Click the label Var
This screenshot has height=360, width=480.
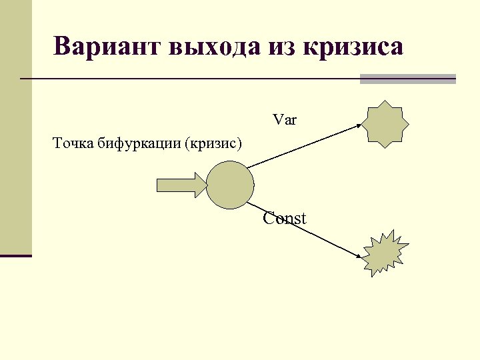285,120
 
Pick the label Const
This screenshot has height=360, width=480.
285,218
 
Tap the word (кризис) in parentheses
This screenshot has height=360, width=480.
215,143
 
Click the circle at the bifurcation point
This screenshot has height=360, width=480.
230,185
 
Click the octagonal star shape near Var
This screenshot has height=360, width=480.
385,123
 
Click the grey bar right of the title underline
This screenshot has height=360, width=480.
407,79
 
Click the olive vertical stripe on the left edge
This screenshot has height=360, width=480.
15,127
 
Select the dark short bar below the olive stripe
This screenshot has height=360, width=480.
15,255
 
